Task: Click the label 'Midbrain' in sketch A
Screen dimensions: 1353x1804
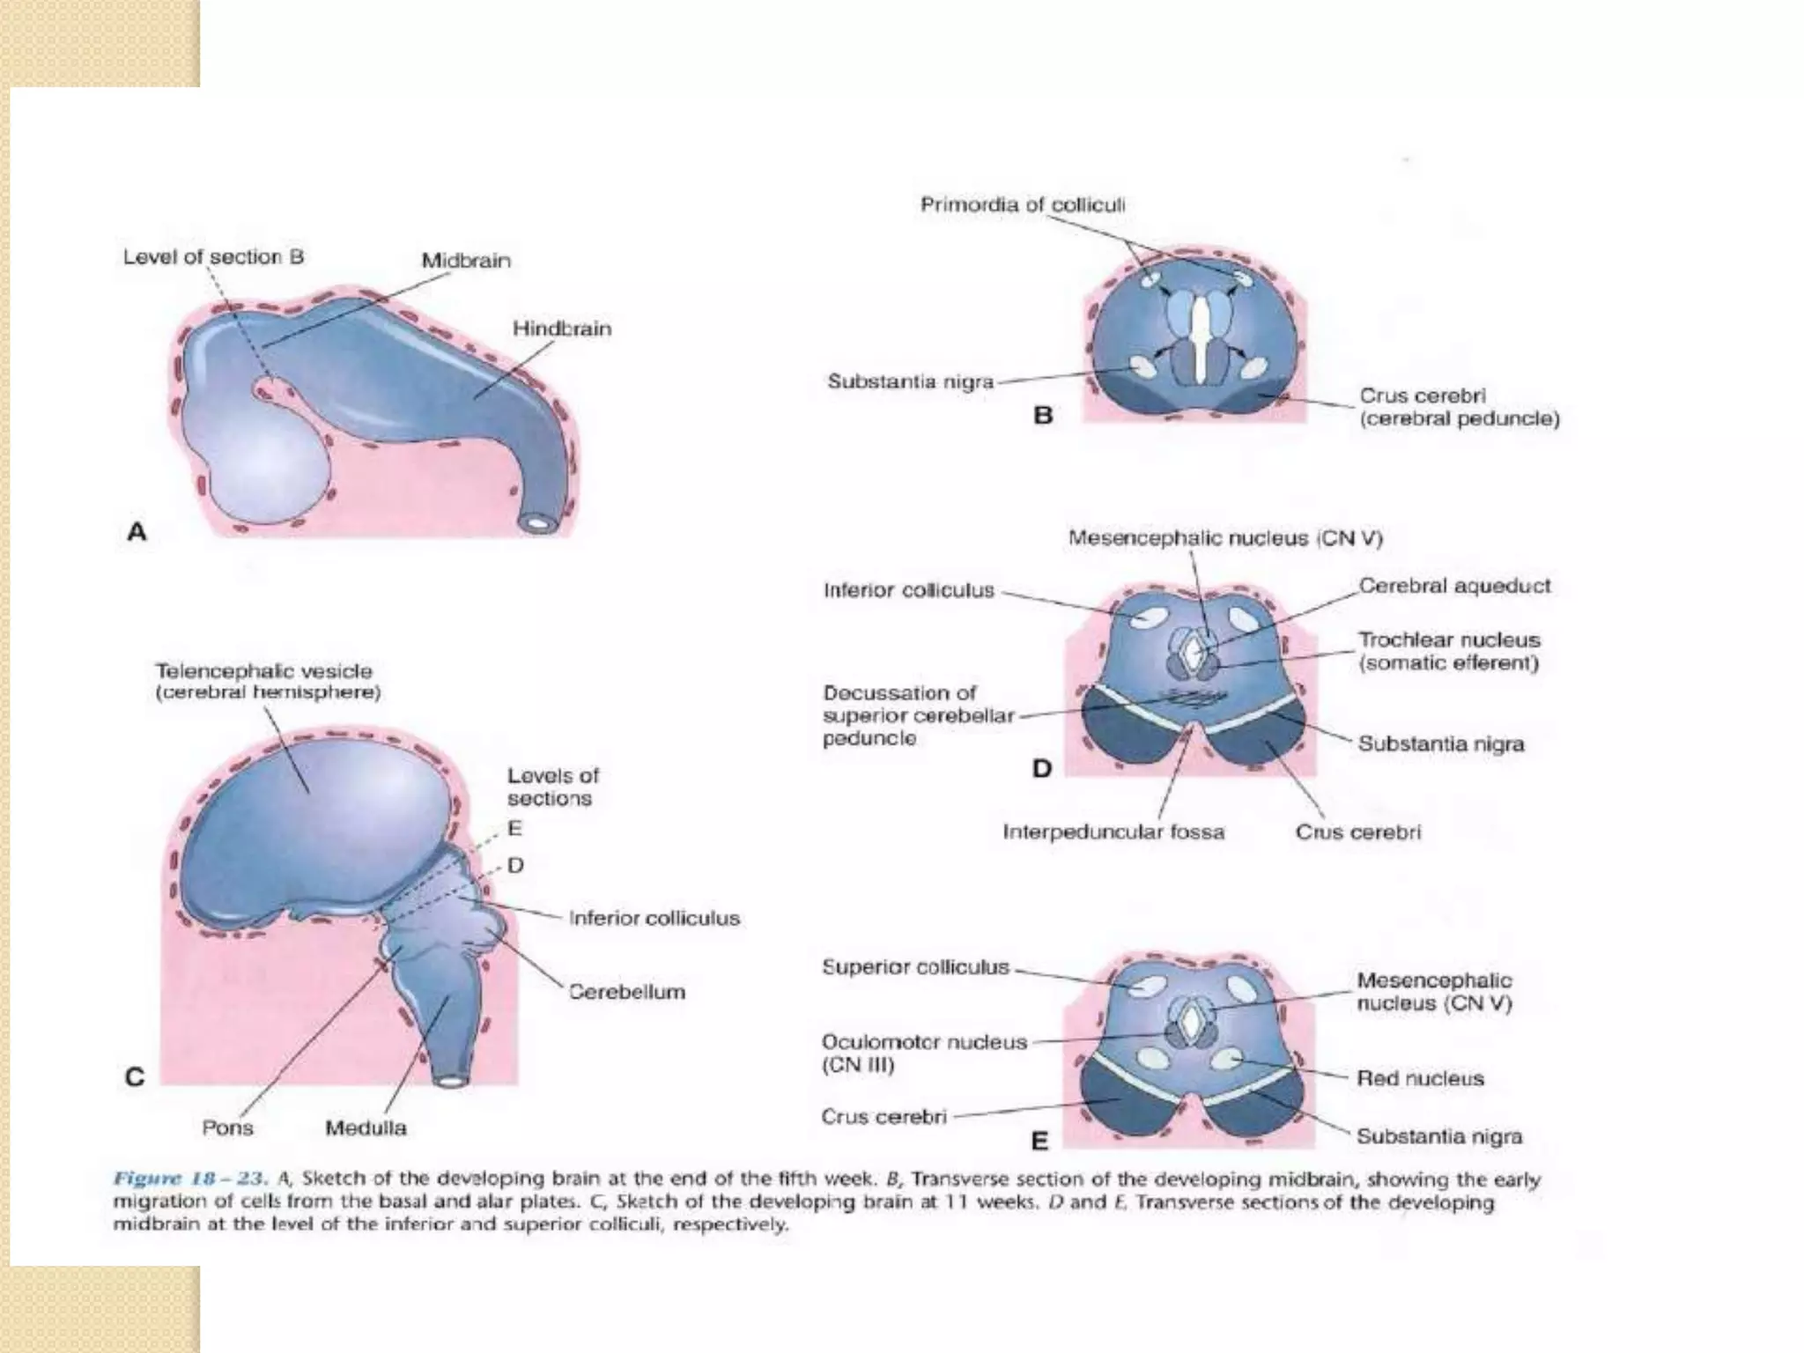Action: (465, 261)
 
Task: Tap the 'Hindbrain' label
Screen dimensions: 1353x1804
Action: (561, 329)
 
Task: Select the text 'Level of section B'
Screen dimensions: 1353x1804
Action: (213, 257)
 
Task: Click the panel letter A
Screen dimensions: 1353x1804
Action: (137, 532)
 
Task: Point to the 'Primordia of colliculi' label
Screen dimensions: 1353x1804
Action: (1022, 205)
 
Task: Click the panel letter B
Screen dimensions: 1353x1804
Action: (1043, 415)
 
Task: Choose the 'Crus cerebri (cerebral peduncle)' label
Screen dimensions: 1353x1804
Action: (1459, 407)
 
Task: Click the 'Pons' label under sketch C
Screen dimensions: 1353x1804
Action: (227, 1127)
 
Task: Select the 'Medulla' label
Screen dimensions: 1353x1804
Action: (366, 1127)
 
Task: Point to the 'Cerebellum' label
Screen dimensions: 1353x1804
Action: (626, 992)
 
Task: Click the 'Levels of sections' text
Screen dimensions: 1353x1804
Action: (552, 787)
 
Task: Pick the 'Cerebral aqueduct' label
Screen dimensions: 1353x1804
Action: (1453, 586)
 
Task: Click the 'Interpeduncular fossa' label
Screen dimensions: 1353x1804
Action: (1113, 832)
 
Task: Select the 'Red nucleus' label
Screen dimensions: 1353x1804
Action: (1420, 1078)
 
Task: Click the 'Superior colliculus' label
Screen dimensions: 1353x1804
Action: (915, 967)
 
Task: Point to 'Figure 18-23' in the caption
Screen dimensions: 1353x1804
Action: (189, 1179)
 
